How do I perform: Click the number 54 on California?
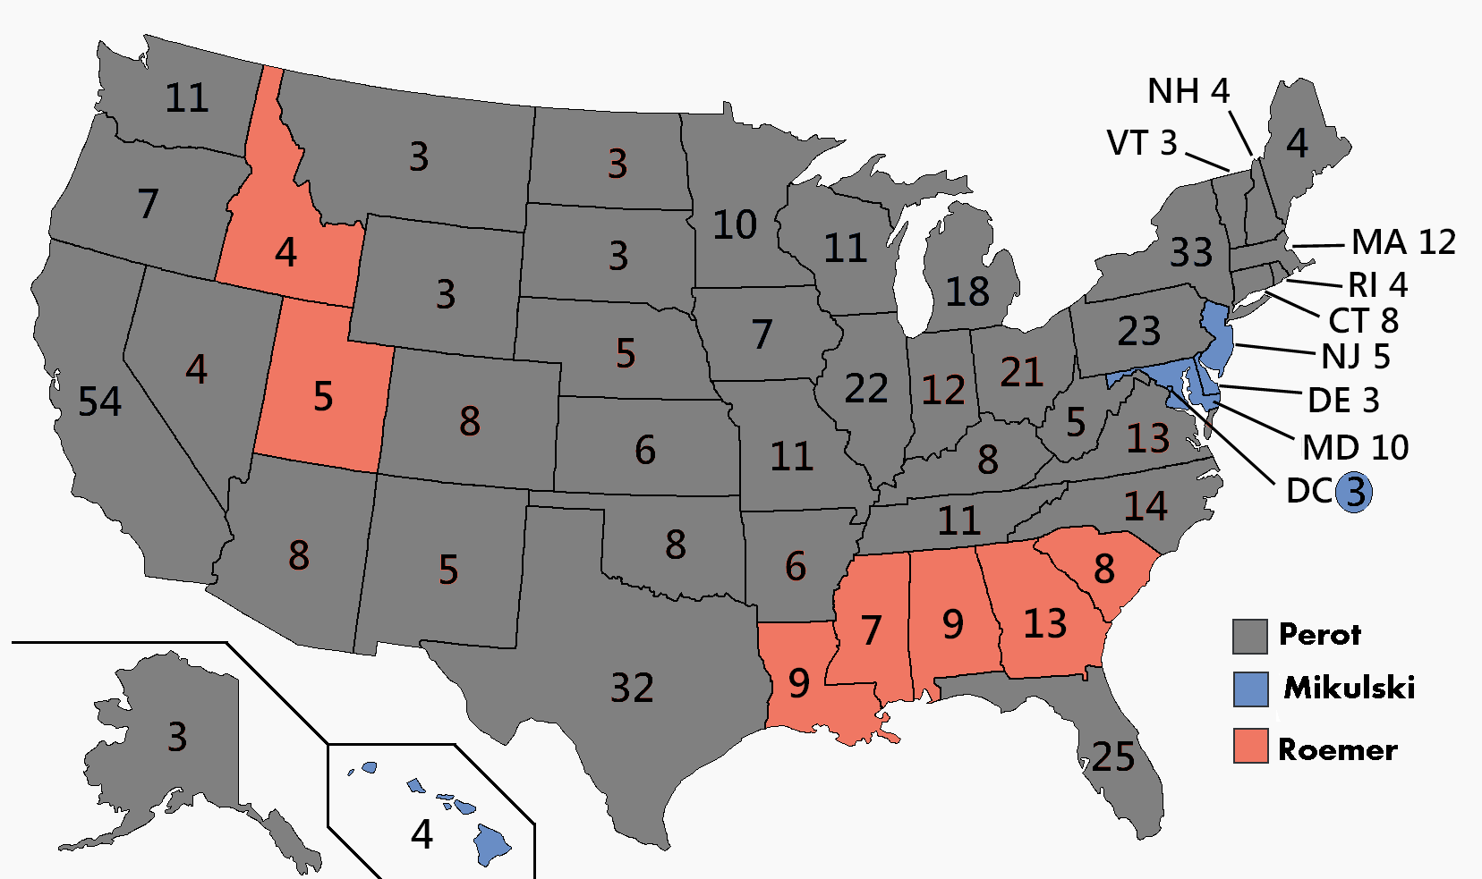point(99,401)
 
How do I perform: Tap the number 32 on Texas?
point(632,688)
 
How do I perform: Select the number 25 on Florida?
point(1113,757)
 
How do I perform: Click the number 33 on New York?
point(1191,252)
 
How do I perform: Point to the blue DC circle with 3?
point(1355,491)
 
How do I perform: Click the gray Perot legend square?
point(1250,636)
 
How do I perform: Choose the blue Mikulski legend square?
point(1250,689)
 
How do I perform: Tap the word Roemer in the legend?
point(1337,749)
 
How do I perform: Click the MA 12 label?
point(1403,242)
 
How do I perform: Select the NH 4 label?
point(1188,91)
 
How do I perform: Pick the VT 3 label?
point(1142,143)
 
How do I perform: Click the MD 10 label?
point(1355,447)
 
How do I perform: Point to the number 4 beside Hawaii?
point(422,834)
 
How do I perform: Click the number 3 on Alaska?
point(177,738)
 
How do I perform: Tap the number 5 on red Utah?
point(323,396)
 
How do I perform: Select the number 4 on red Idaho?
point(285,253)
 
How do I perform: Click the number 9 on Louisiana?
point(799,683)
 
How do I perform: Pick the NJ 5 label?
point(1355,357)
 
